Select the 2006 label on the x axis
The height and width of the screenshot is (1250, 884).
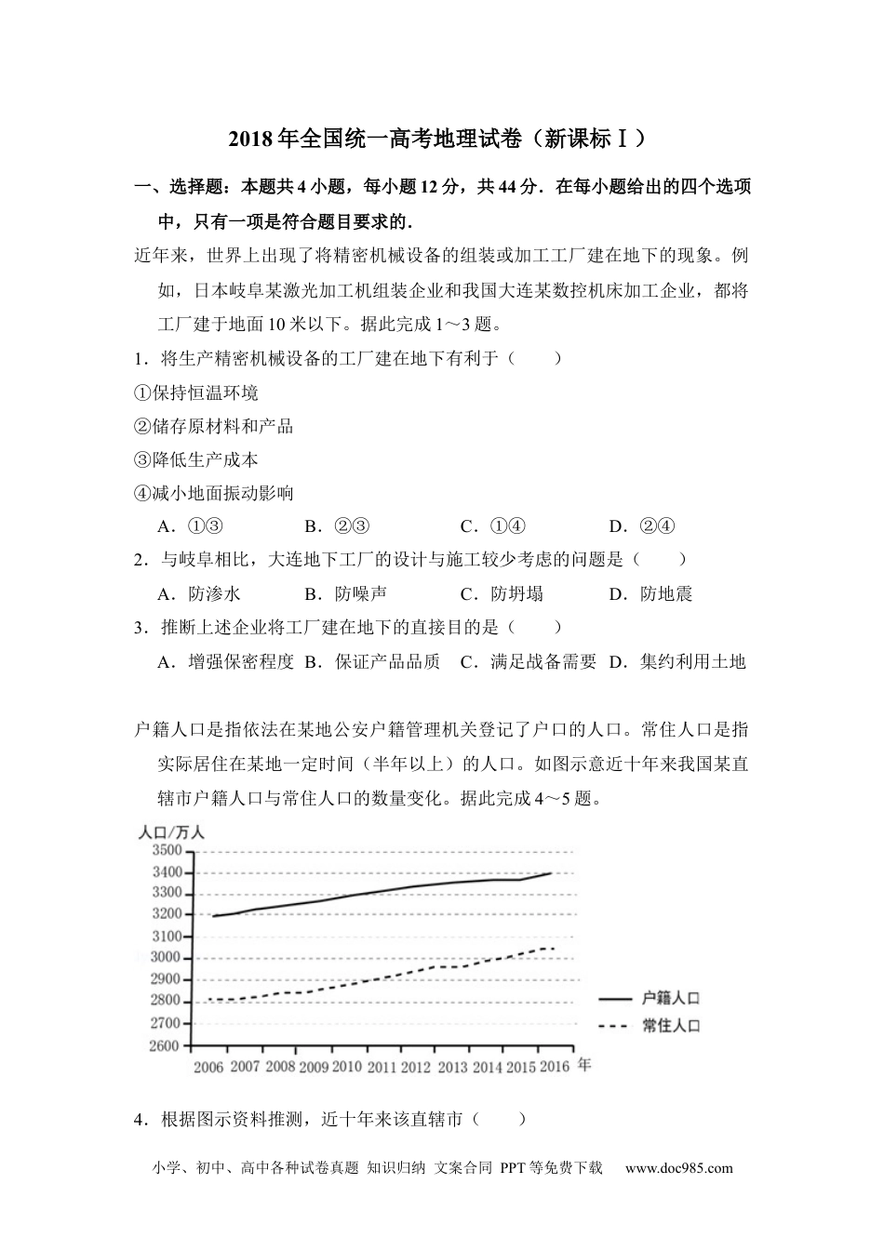pos(208,1067)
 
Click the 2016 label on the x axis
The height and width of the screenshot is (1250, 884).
pos(556,1067)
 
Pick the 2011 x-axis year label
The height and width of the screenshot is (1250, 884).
pos(382,1067)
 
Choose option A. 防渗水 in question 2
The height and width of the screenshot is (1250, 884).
pos(199,593)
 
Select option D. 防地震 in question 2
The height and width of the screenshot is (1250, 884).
pos(651,593)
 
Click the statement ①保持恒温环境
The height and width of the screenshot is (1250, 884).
pos(196,392)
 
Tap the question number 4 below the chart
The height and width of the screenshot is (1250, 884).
pos(140,1119)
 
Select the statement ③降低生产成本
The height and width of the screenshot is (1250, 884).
pos(196,459)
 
